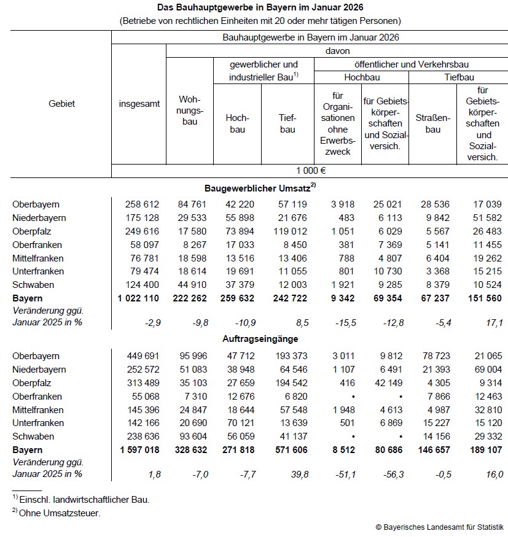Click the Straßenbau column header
pyautogui.click(x=433, y=123)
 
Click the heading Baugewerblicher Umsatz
pyautogui.click(x=260, y=187)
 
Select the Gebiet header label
pyautogui.click(x=61, y=104)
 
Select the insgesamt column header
pyautogui.click(x=139, y=104)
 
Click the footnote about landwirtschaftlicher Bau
pyautogui.click(x=80, y=500)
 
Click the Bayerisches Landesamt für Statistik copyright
pyautogui.click(x=439, y=527)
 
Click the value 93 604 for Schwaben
pyautogui.click(x=192, y=436)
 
